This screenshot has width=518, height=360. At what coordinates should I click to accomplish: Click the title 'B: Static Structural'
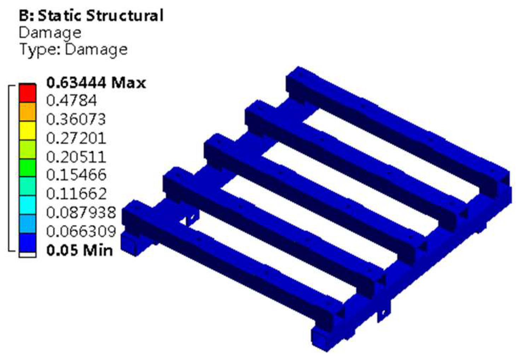point(91,16)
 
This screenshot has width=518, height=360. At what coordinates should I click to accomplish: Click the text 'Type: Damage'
point(73,49)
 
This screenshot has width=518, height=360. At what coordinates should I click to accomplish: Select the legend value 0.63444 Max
point(96,83)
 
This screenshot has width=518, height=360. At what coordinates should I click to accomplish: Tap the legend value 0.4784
point(71,101)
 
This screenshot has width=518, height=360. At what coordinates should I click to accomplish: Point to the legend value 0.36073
point(76,119)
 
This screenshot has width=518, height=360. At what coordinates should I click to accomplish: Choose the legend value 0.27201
point(76,138)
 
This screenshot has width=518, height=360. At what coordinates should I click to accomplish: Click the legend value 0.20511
point(76,157)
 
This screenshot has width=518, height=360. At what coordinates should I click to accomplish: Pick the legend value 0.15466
point(76,175)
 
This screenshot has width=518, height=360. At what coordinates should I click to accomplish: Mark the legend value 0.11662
point(76,194)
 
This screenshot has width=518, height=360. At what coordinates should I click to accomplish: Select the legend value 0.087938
point(81,212)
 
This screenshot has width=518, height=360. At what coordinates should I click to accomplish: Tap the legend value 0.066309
point(81,231)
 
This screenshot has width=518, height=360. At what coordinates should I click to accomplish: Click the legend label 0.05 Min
point(80,250)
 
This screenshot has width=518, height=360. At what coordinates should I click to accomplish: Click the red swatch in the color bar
point(27,93)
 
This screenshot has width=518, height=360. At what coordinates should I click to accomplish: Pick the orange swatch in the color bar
point(27,112)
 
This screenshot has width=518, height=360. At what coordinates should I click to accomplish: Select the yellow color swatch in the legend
point(27,130)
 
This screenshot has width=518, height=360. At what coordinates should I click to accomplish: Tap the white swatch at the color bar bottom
point(27,255)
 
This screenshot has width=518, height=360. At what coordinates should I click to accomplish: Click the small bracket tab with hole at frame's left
point(191,218)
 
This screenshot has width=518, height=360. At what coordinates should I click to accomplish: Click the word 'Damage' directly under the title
point(50,33)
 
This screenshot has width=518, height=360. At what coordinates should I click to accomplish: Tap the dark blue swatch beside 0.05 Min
point(27,242)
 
